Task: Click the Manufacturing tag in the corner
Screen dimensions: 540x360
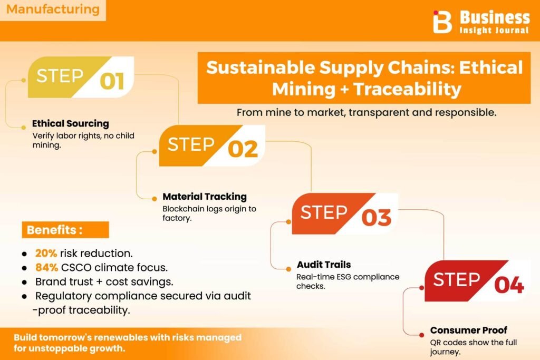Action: tap(53, 9)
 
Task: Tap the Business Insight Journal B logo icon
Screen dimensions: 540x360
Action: tap(442, 22)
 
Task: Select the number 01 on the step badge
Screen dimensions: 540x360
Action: tap(112, 82)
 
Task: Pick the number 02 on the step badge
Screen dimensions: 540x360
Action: tap(243, 149)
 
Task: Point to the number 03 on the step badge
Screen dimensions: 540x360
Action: tap(377, 218)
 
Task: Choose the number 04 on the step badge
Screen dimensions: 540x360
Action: tap(509, 285)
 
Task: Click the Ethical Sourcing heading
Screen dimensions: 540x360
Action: tap(71, 123)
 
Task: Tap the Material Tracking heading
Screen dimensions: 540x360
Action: tap(205, 197)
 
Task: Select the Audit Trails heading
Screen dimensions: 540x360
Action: tap(324, 264)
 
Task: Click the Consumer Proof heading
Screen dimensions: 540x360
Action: tap(469, 330)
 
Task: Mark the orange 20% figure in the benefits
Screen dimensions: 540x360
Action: tap(46, 254)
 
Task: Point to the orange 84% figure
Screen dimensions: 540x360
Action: tap(46, 267)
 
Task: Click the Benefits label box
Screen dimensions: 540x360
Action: tap(65, 230)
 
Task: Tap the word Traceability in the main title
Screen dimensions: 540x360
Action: tap(408, 89)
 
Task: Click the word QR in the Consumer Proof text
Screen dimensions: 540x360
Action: tap(435, 343)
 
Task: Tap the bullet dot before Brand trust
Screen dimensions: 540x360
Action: tap(24, 282)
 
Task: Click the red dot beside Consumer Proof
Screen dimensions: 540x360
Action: tap(421, 335)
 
